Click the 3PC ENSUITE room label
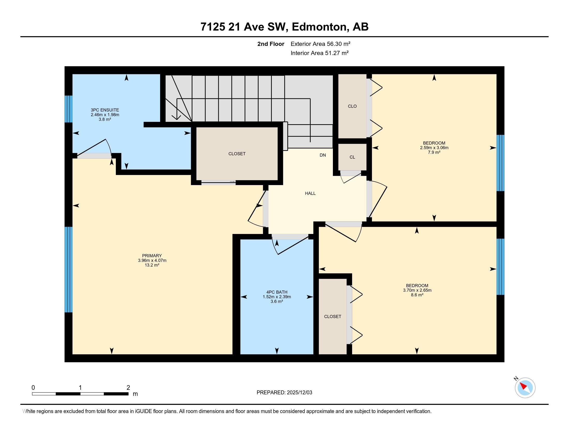(105, 110)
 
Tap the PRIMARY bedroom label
(152, 256)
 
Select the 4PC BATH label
(277, 292)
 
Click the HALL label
(310, 193)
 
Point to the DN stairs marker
(323, 155)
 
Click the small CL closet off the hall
(352, 157)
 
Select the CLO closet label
(352, 106)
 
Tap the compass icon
(525, 388)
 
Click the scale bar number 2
(128, 388)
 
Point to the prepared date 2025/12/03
(299, 392)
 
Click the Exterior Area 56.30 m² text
(320, 44)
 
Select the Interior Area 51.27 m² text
(320, 53)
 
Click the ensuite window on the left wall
(69, 109)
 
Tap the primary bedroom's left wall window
(69, 269)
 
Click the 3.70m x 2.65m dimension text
(417, 290)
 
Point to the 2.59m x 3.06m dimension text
(434, 148)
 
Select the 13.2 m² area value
(152, 265)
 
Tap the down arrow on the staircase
(177, 109)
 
